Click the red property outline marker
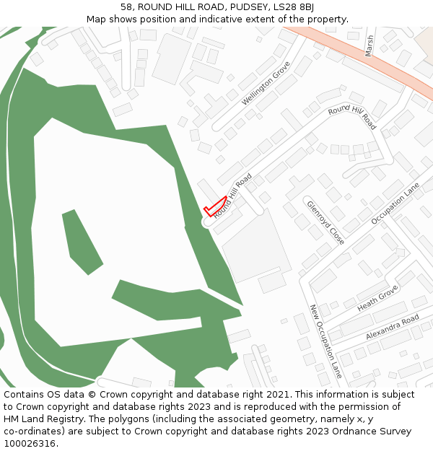pos(216,207)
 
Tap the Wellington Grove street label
pos(266,83)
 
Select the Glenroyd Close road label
pos(325,222)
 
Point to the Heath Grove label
pos(377,297)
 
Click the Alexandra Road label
pos(392,327)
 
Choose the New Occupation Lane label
pos(325,341)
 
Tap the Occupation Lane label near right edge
pos(395,203)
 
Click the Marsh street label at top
pos(370,45)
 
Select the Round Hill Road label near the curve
pos(352,115)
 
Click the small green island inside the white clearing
pos(82,242)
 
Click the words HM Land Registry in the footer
pos(40,419)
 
